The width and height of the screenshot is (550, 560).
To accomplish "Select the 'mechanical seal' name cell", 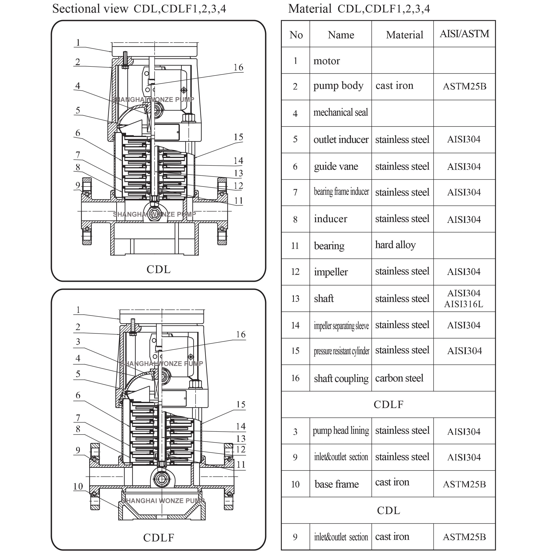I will [341, 113].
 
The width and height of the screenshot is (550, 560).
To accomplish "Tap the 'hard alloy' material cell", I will [395, 245].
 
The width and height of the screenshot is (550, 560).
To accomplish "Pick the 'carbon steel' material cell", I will [399, 378].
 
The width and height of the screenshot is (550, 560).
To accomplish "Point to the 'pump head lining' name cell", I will [341, 431].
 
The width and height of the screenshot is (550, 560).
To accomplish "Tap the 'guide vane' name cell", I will [336, 166].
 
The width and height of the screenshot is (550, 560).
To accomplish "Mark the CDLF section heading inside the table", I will [388, 404].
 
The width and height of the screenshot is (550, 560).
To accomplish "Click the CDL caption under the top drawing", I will [158, 269].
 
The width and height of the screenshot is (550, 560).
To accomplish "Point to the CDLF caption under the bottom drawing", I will [159, 537].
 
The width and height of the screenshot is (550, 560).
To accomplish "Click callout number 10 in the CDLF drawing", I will [78, 486].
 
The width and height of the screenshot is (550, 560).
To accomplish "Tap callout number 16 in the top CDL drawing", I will [238, 68].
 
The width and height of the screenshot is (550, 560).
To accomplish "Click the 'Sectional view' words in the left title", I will [90, 9].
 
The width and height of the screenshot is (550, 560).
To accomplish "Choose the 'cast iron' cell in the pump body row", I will [394, 86].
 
